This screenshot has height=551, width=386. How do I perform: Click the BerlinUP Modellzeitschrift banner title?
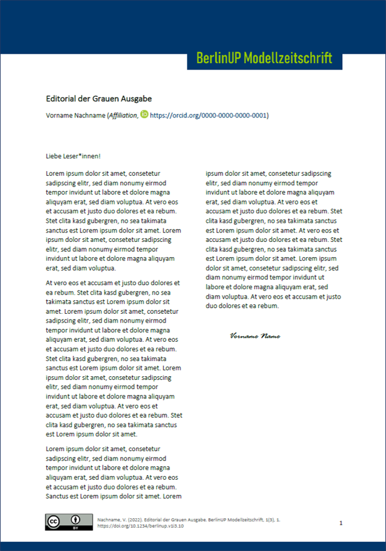[264, 58]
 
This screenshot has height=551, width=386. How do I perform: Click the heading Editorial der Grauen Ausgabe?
[99, 99]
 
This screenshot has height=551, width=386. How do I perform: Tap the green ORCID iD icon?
[144, 115]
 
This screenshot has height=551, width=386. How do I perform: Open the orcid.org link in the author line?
[209, 116]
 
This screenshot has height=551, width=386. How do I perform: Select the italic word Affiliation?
[123, 116]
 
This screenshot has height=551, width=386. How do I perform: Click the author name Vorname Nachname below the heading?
[75, 116]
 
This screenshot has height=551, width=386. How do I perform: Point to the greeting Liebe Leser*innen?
[73, 156]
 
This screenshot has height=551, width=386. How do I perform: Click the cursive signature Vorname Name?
[255, 336]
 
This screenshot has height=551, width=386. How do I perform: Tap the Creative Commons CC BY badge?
[68, 522]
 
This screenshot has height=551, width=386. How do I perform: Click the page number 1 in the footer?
[341, 522]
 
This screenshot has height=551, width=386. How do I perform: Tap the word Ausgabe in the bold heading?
[136, 99]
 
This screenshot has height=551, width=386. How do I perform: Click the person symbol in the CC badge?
[76, 519]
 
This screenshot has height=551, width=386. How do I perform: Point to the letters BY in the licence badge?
[76, 528]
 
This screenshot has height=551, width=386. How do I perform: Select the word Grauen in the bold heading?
[107, 99]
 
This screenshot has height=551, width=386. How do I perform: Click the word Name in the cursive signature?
[270, 336]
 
